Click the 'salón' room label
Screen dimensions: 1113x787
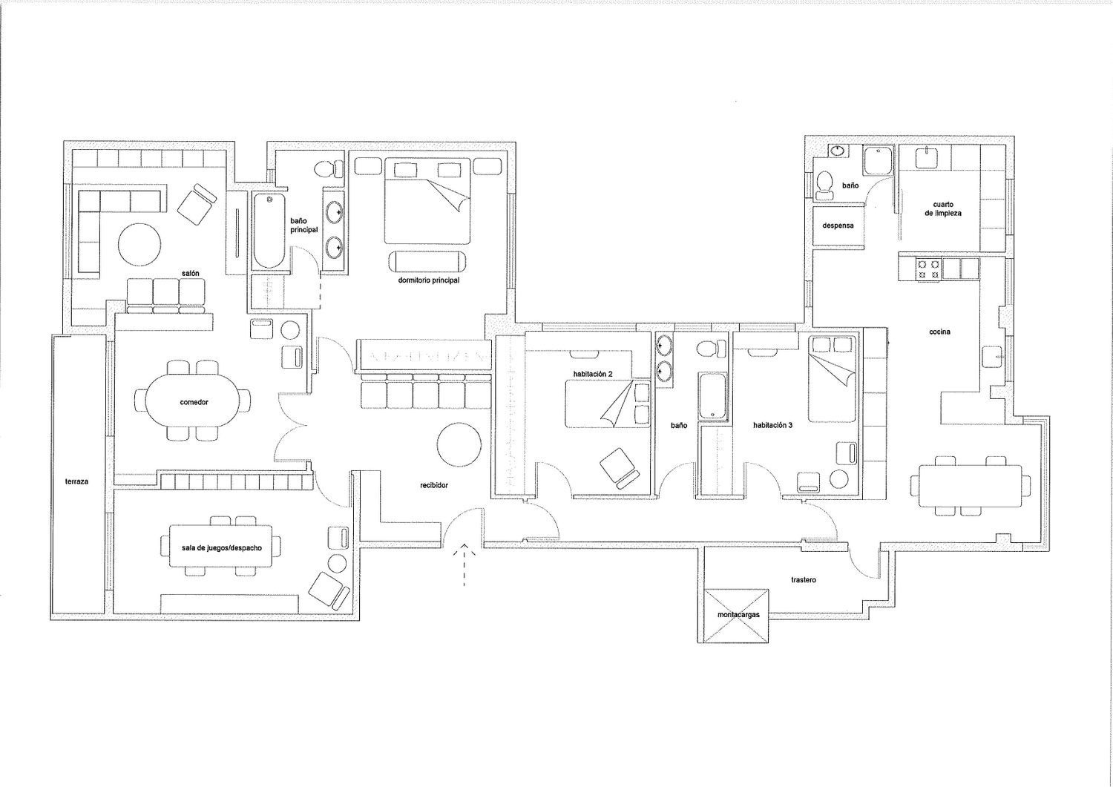coord(190,274)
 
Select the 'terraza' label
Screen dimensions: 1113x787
coord(76,481)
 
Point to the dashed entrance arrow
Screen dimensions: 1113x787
coord(464,565)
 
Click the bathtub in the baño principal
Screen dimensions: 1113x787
coord(269,231)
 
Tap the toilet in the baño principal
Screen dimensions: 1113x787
coord(329,169)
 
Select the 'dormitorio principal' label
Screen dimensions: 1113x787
coord(428,280)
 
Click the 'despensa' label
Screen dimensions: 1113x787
coord(838,225)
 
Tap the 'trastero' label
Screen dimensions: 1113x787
coord(804,580)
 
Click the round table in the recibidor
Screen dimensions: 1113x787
coord(459,444)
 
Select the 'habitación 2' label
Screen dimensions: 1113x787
coord(593,374)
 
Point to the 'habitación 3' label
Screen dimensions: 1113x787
coord(772,425)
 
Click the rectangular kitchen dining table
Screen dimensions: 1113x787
coord(970,486)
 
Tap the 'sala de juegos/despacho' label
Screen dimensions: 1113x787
coord(222,548)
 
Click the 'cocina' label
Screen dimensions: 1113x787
coord(939,332)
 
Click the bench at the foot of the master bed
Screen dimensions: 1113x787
coord(428,261)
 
